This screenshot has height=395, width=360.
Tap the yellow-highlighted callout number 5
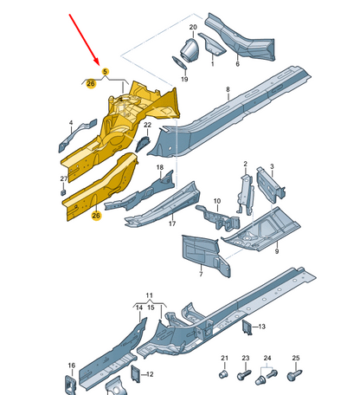pyautogui.click(x=105, y=72)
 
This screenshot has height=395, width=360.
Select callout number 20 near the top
pyautogui.click(x=193, y=29)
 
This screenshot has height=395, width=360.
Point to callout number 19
pyautogui.click(x=183, y=79)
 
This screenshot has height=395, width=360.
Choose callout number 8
pyautogui.click(x=228, y=90)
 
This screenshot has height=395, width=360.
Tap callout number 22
pyautogui.click(x=146, y=126)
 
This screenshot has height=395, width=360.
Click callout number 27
pyautogui.click(x=62, y=178)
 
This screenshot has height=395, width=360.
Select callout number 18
pyautogui.click(x=159, y=167)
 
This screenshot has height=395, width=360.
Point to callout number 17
pyautogui.click(x=171, y=224)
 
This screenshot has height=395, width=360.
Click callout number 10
pyautogui.click(x=216, y=201)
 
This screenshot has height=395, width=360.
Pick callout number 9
pyautogui.click(x=276, y=251)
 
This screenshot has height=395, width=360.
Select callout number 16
pyautogui.click(x=72, y=366)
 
